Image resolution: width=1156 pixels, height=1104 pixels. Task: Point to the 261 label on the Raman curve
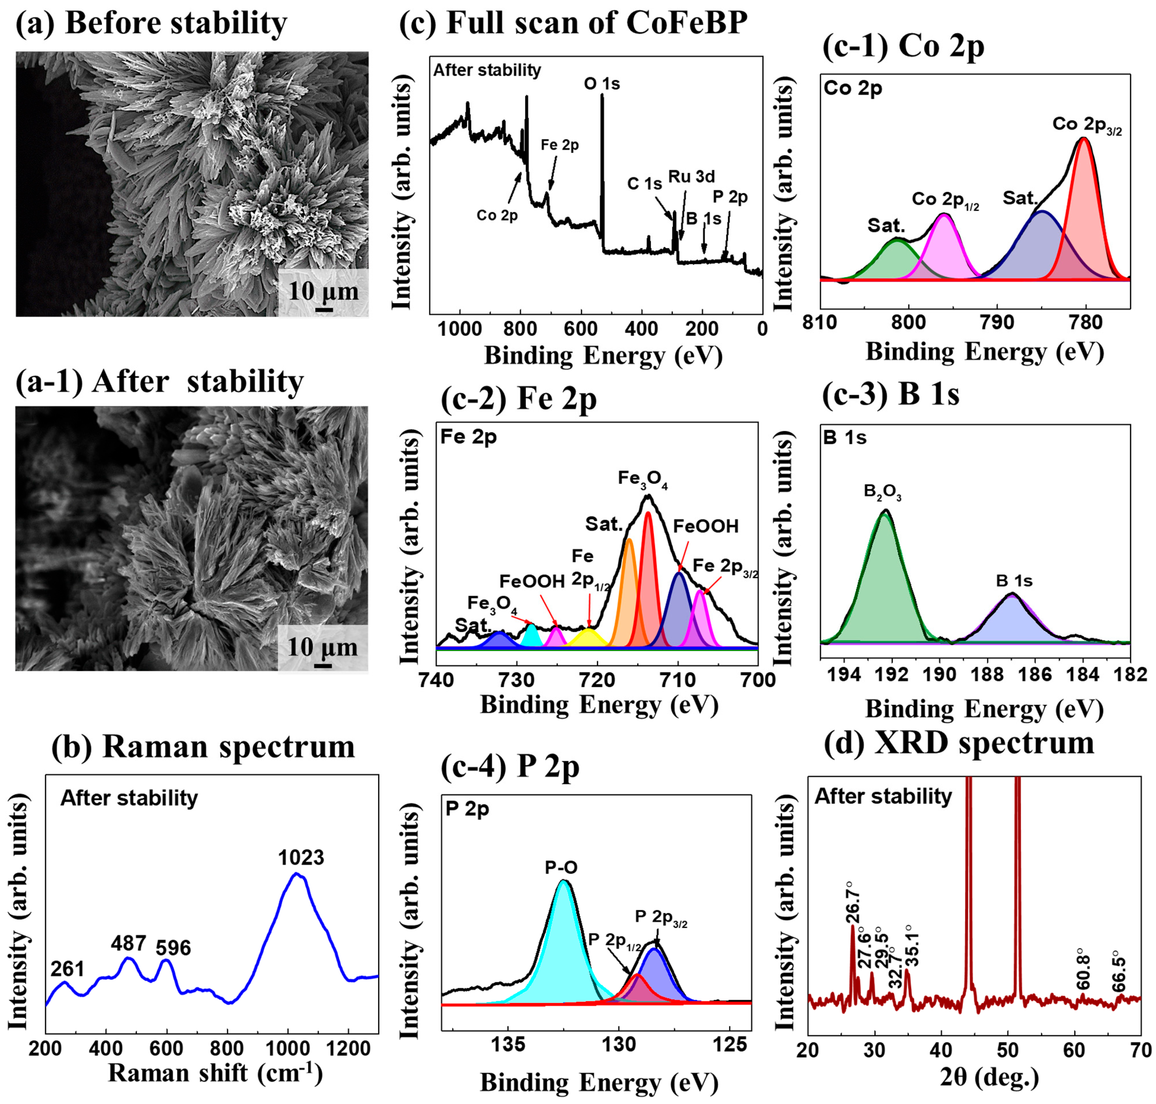point(67,969)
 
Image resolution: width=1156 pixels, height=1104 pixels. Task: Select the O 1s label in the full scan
point(602,84)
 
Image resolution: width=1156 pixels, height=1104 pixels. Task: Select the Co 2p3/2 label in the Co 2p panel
point(1087,125)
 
